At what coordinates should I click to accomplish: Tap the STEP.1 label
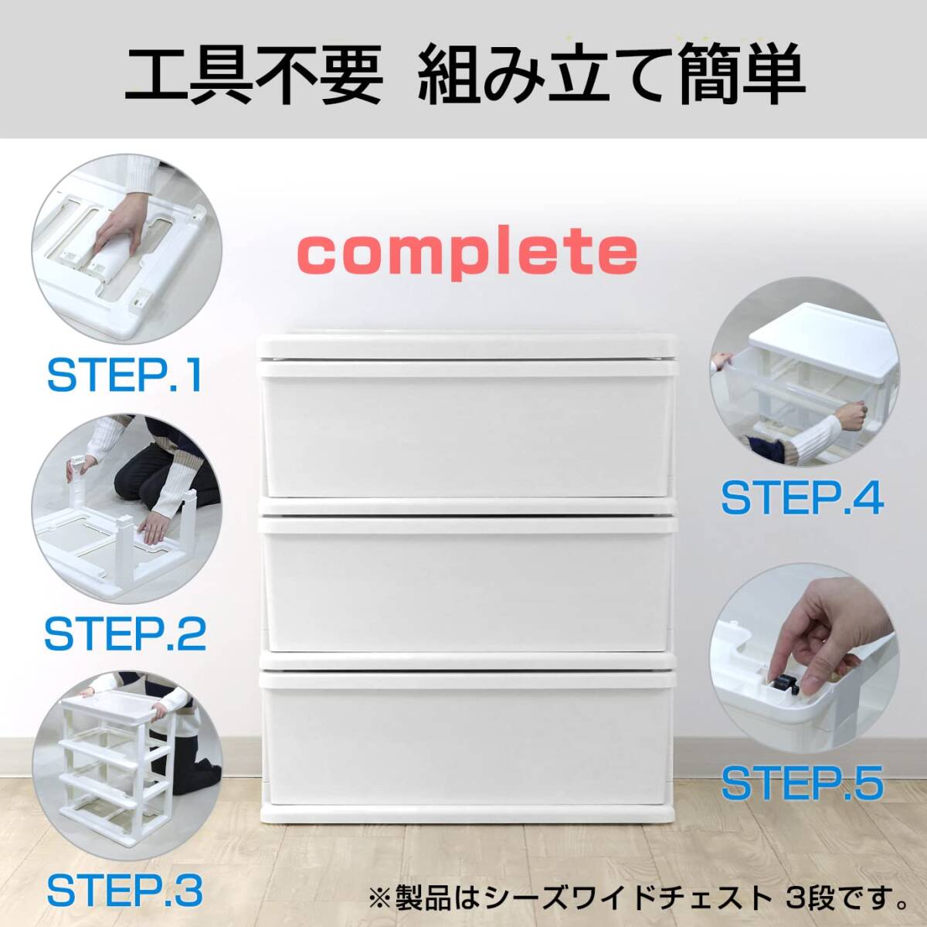tap(124, 375)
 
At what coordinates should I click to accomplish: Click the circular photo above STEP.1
tap(127, 247)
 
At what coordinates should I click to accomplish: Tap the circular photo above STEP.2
tap(124, 506)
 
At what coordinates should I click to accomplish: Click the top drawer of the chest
tap(467, 433)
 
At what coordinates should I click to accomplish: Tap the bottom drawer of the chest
tap(467, 734)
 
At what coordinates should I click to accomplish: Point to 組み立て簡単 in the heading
tap(611, 75)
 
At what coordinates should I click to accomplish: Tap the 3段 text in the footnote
tap(813, 898)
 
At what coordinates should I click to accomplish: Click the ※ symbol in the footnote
tap(380, 898)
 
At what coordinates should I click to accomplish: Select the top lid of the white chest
tap(467, 345)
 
